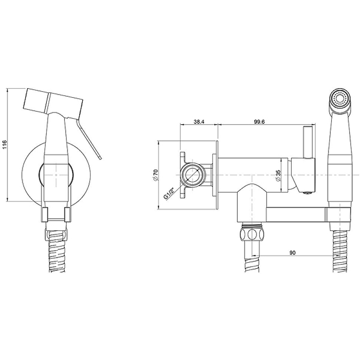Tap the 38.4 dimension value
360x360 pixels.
[x=199, y=121]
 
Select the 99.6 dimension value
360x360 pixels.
[x=259, y=121]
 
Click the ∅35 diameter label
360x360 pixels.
[x=278, y=175]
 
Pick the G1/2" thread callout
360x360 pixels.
[x=169, y=193]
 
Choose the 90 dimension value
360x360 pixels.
[x=292, y=253]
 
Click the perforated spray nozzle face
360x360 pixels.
[x=340, y=99]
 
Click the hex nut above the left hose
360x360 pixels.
[x=252, y=234]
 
